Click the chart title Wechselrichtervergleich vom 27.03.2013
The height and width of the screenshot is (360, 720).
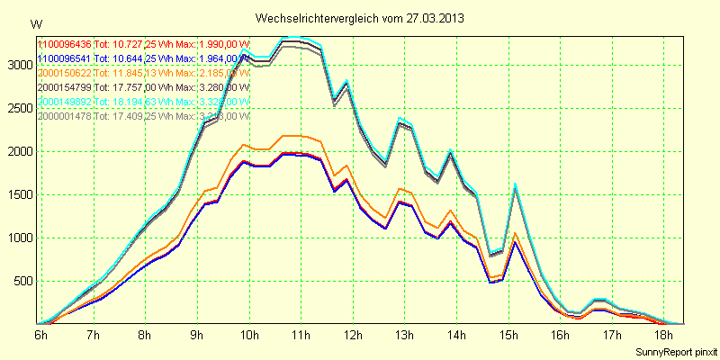click(x=360, y=18)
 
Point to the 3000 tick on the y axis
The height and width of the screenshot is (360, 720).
click(x=19, y=65)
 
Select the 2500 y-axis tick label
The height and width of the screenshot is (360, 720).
click(x=19, y=108)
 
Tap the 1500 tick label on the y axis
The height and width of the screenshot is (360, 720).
click(x=19, y=194)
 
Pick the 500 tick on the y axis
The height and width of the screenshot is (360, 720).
click(x=22, y=281)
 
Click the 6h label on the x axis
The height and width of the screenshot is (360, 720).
click(x=40, y=335)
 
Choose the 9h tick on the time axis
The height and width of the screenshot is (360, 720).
click(x=195, y=335)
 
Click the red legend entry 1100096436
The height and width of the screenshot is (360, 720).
click(x=65, y=44)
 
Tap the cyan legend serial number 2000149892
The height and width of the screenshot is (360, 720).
click(x=65, y=102)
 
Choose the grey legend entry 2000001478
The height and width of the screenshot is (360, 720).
click(x=65, y=116)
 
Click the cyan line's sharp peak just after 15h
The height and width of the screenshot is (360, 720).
click(x=516, y=185)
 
